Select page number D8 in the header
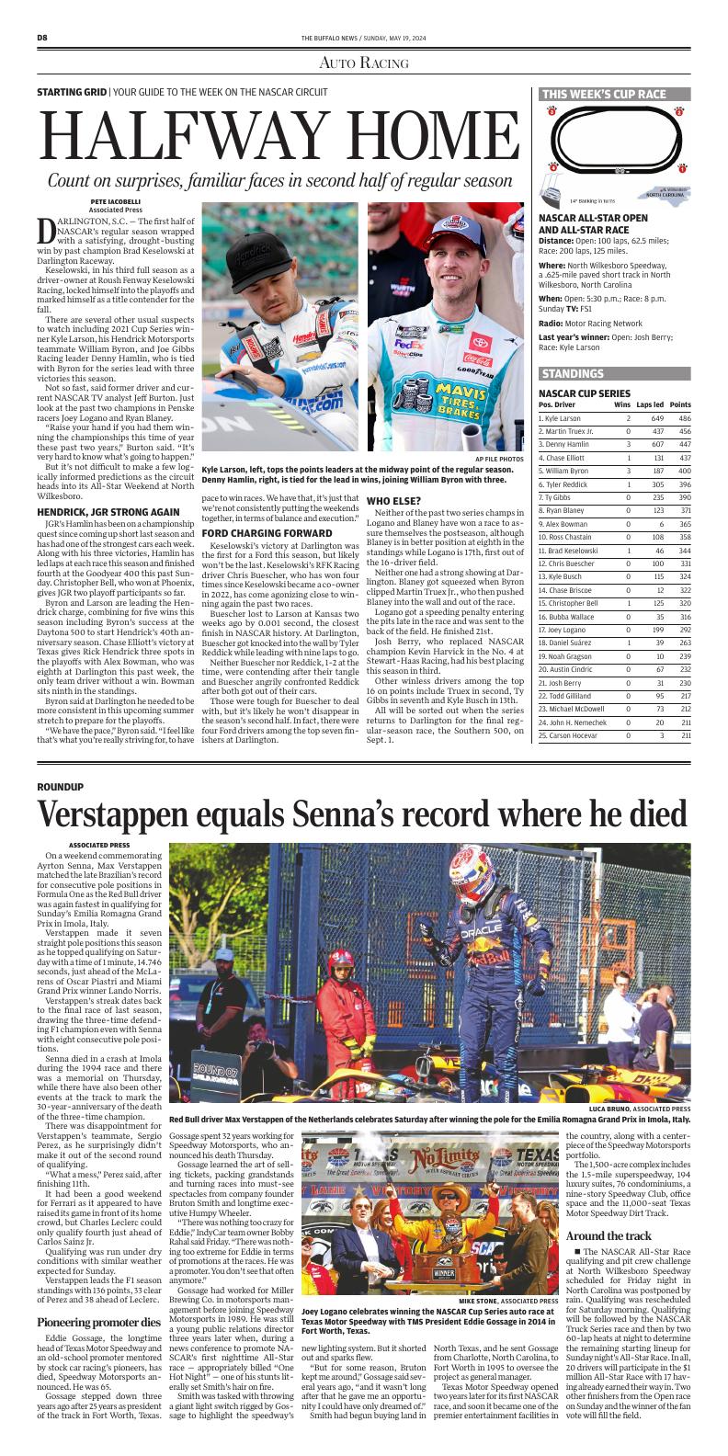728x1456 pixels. coord(42,37)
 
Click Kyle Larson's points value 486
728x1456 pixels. coord(678,418)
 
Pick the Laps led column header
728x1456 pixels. coord(649,404)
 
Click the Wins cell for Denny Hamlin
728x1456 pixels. coord(628,444)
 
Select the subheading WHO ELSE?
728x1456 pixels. coord(394,500)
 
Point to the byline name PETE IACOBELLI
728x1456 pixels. coord(115,201)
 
